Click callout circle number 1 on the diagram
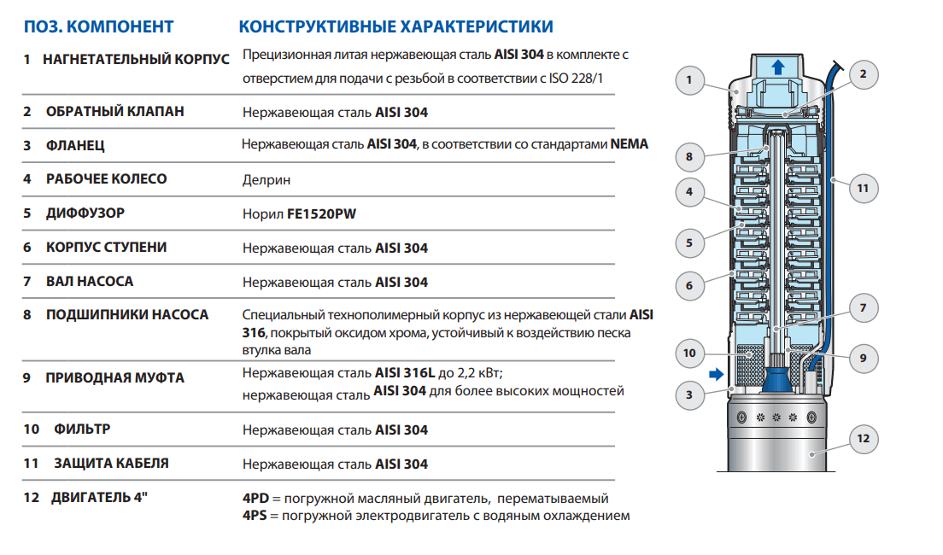pyautogui.click(x=689, y=82)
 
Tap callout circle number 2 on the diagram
pyautogui.click(x=863, y=74)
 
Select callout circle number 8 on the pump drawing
pyautogui.click(x=689, y=156)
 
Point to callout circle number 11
pyautogui.click(x=863, y=187)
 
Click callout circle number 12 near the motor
pyautogui.click(x=863, y=440)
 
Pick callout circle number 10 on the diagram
pyautogui.click(x=689, y=353)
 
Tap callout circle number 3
pyautogui.click(x=689, y=394)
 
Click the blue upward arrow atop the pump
pyautogui.click(x=776, y=68)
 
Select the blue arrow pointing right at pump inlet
pyautogui.click(x=715, y=374)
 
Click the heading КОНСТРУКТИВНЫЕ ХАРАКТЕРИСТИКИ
pyautogui.click(x=395, y=26)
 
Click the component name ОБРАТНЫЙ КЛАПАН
pyautogui.click(x=114, y=112)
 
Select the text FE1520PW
pyautogui.click(x=321, y=214)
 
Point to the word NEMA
pyautogui.click(x=630, y=144)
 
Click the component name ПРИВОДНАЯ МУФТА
pyautogui.click(x=114, y=377)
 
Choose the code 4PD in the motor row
pyautogui.click(x=256, y=499)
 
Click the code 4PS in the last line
pyautogui.click(x=256, y=516)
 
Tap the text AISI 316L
pyautogui.click(x=406, y=372)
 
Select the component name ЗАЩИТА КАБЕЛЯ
pyautogui.click(x=111, y=464)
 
